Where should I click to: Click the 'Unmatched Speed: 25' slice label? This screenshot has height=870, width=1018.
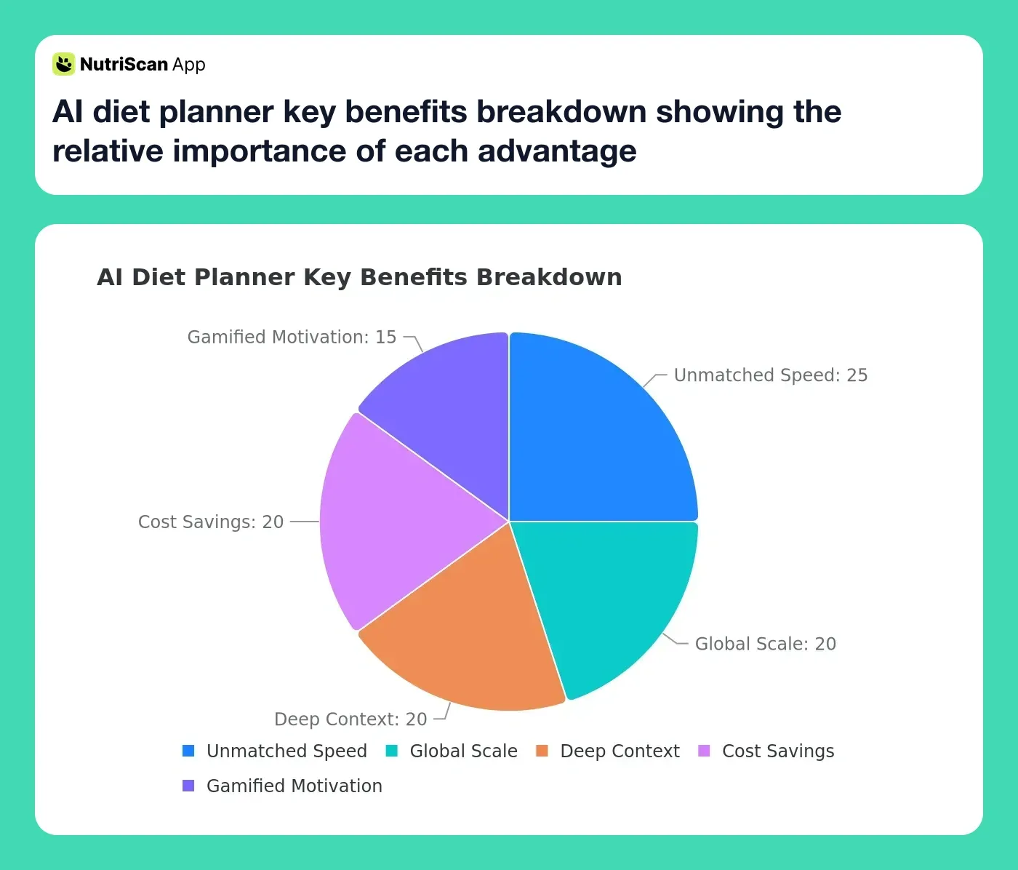[771, 375]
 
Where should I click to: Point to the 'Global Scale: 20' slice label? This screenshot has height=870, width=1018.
[765, 644]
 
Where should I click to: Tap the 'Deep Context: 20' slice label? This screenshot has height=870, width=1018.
[350, 719]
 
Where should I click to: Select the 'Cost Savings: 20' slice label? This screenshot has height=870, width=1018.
[211, 522]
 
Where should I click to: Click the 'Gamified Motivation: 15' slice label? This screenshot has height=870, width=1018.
[292, 338]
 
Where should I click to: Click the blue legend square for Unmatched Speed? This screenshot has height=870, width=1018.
[188, 751]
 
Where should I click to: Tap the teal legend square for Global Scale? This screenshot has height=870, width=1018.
[391, 751]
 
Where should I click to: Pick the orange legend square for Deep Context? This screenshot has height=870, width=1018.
[542, 751]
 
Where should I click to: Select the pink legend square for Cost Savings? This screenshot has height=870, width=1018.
[704, 751]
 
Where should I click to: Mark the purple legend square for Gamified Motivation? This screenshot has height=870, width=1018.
[188, 786]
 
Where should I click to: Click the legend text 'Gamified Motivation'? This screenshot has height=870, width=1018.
[294, 786]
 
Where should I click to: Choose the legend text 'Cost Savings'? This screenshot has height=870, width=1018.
[778, 751]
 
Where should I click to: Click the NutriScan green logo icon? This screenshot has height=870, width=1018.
[64, 64]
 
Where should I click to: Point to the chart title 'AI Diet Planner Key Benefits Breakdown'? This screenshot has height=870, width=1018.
[359, 277]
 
